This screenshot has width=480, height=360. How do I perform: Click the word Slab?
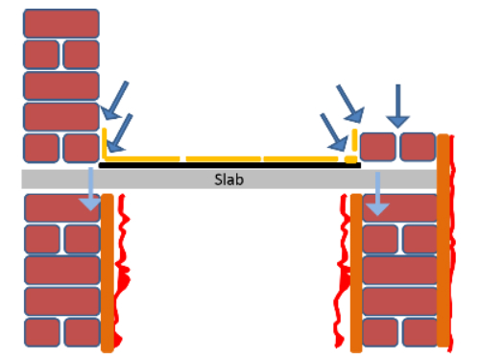pos(228,179)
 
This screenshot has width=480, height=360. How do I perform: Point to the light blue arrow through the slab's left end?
pos(89,186)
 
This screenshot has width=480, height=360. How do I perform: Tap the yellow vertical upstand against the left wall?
pos(103,143)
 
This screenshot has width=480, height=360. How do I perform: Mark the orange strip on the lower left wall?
pos(108,272)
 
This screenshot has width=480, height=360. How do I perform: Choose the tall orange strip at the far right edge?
pos(444,240)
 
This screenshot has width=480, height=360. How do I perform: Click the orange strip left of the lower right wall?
pos(356,273)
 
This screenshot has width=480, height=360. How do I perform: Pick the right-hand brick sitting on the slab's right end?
pos(418,147)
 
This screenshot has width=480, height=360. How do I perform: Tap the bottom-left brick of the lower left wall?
pos(41,332)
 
